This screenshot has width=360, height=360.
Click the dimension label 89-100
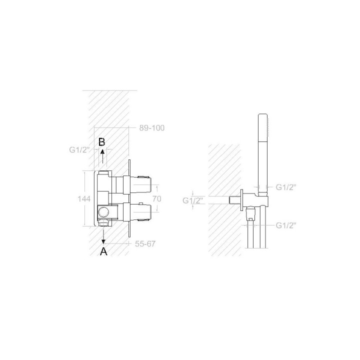(x=152, y=128)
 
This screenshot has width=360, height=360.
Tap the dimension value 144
(x=84, y=199)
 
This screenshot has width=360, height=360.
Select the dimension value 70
(x=157, y=198)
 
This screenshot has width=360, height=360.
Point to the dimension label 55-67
(x=145, y=243)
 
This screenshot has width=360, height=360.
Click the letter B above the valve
(x=101, y=142)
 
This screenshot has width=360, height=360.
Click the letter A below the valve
(x=104, y=251)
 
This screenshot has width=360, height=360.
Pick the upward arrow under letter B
(x=102, y=156)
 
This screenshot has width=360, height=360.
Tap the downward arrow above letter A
(x=103, y=235)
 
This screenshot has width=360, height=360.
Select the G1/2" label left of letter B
(x=79, y=150)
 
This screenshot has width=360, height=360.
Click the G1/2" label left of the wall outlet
(x=193, y=200)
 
